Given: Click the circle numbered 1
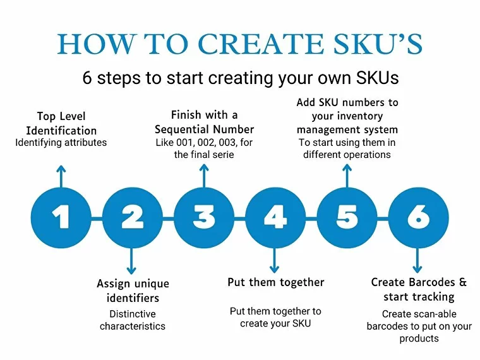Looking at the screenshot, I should pyautogui.click(x=61, y=217).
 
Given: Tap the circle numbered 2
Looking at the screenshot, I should pyautogui.click(x=132, y=217).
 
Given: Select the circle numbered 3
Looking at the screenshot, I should pyautogui.click(x=203, y=217).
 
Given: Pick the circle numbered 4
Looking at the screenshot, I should pyautogui.click(x=275, y=217).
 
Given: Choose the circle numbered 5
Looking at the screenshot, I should pyautogui.click(x=346, y=217).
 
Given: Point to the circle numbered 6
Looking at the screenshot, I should pyautogui.click(x=417, y=217).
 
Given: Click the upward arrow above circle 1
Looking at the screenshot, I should pyautogui.click(x=61, y=176).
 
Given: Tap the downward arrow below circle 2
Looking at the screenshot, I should pyautogui.click(x=132, y=260).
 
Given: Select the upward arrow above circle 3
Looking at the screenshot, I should pyautogui.click(x=203, y=176).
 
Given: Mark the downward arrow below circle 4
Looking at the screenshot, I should pyautogui.click(x=275, y=260).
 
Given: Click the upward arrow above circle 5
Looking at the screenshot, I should pyautogui.click(x=346, y=176).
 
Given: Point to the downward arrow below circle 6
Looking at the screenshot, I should pyautogui.click(x=417, y=260).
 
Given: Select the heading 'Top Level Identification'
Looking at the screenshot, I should pyautogui.click(x=61, y=124).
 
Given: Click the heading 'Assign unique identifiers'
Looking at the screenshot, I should pyautogui.click(x=133, y=291).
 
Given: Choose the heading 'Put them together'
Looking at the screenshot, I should pyautogui.click(x=275, y=282).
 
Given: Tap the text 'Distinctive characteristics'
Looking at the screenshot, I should pyautogui.click(x=133, y=320).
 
